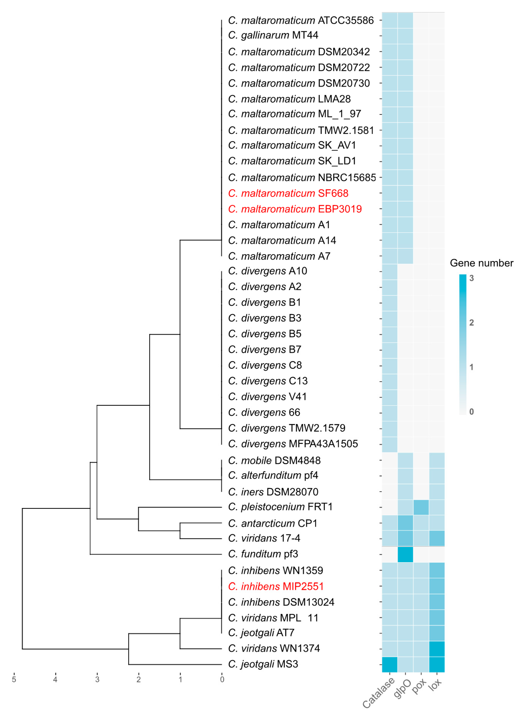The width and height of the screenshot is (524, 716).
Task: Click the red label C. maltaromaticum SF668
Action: coord(288,193)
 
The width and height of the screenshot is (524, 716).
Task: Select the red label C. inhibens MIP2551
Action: coord(276,586)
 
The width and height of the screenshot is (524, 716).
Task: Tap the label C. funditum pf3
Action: coord(263,554)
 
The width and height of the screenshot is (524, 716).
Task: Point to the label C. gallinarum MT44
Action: coord(273,35)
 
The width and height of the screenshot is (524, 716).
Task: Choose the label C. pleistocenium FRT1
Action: coord(280,507)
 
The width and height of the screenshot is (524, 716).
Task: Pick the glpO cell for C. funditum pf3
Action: coord(405,554)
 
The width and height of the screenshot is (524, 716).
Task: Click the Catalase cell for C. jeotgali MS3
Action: coord(389,664)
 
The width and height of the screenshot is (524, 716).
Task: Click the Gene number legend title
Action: coord(481,263)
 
